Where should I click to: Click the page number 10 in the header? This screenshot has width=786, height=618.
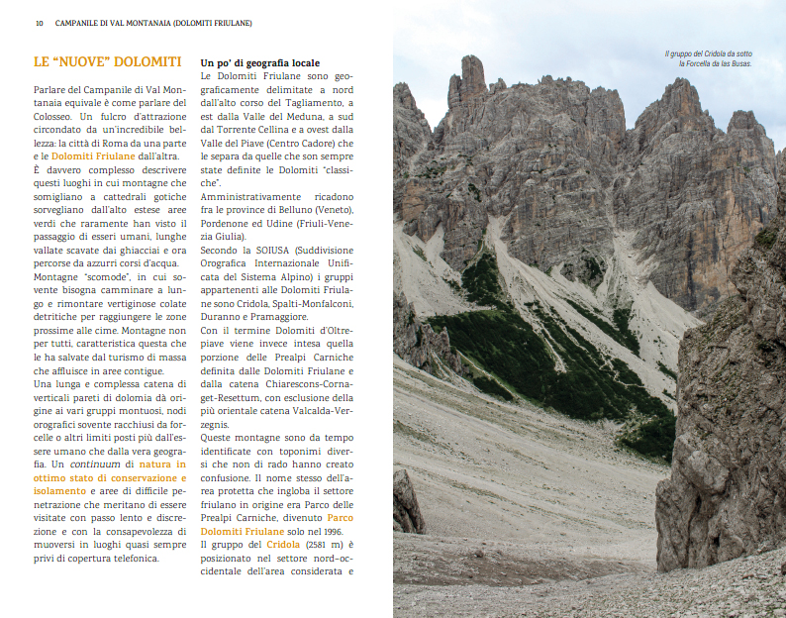[39, 23]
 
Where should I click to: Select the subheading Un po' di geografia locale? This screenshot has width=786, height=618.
[259, 62]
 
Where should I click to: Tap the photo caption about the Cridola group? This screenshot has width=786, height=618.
[708, 58]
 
